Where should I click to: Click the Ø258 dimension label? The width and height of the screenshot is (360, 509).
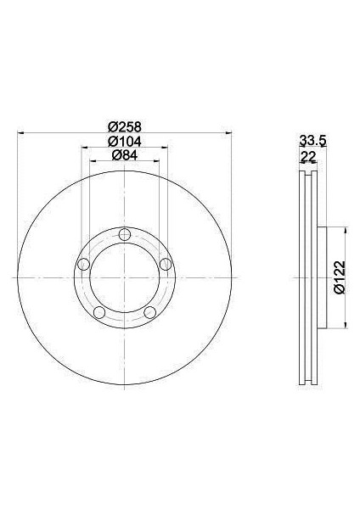125,126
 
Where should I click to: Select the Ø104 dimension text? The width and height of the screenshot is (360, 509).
125,141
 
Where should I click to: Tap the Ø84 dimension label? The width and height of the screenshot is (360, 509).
125,155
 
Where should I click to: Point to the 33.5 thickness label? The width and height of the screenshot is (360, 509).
312,141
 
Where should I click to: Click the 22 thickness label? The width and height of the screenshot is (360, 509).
308,157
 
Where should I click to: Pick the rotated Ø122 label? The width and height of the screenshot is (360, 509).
340,277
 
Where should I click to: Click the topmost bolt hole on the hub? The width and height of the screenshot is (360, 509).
125,234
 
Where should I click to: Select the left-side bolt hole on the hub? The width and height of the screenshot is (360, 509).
84,264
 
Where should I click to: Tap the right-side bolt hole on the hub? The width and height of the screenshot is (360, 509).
166,264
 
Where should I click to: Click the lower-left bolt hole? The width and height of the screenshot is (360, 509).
99,312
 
